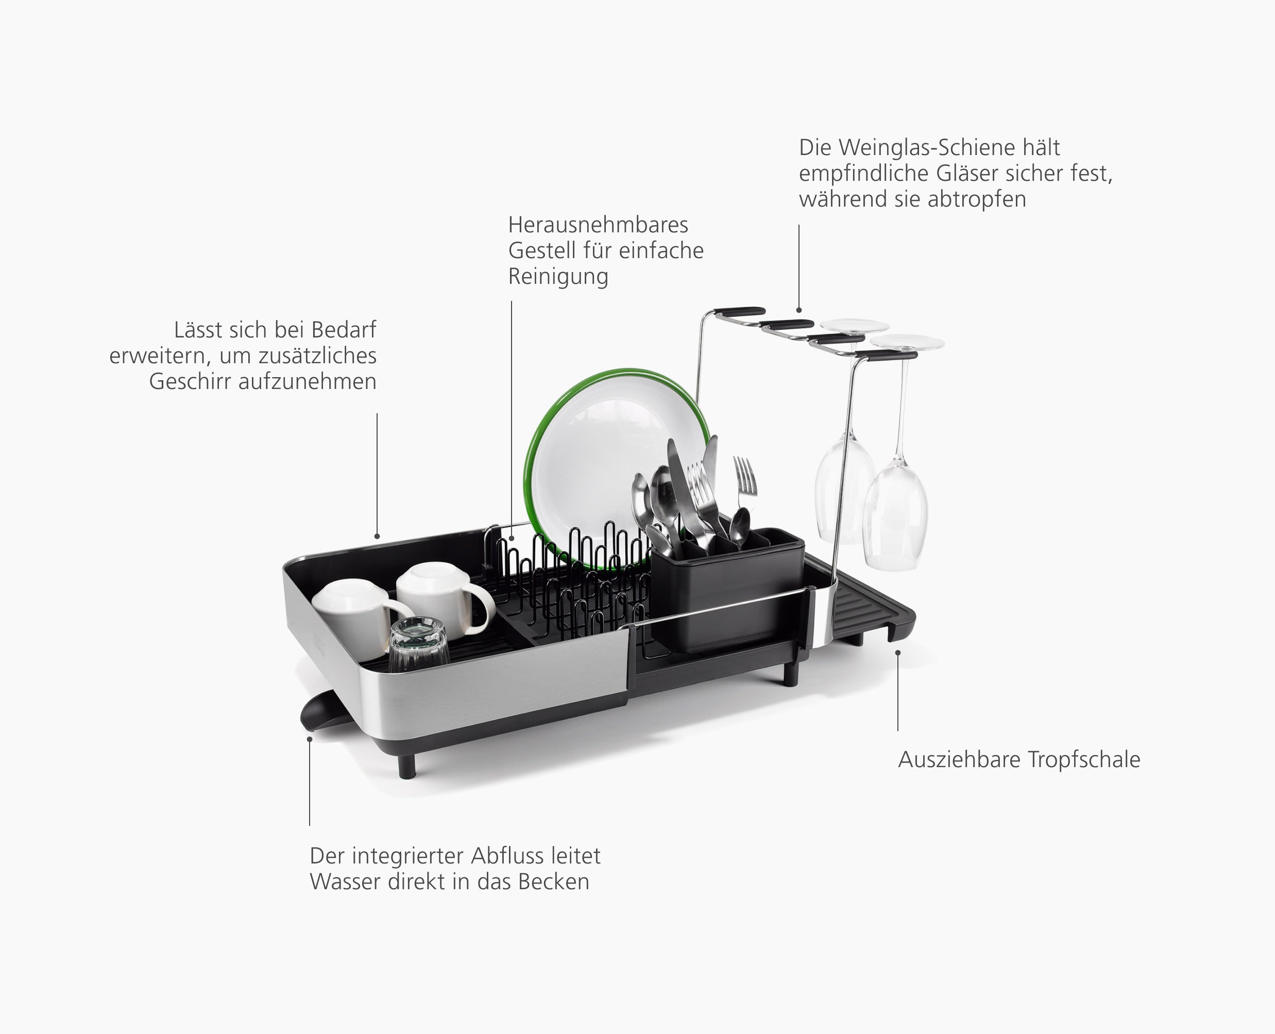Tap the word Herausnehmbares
pyautogui.click(x=598, y=225)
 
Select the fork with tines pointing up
pyautogui.click(x=745, y=477)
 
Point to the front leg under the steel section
pyautogui.click(x=407, y=766)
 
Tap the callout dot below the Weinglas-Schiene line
pyautogui.click(x=799, y=310)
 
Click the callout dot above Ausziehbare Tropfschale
pyautogui.click(x=898, y=653)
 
